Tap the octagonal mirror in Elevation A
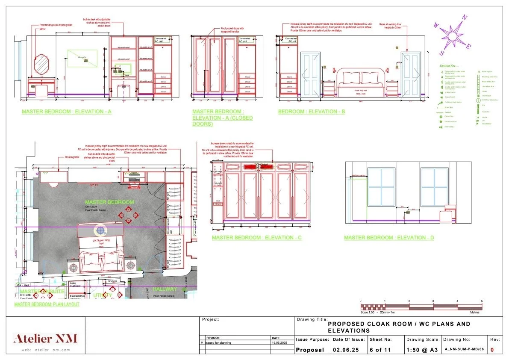[41, 64]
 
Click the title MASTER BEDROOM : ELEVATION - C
[257, 238]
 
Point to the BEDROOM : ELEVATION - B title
[312, 112]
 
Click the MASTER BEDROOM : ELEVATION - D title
[389, 238]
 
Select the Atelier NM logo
[45, 339]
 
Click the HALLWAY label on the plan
[165, 289]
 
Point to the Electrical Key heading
[447, 66]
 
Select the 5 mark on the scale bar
[482, 301]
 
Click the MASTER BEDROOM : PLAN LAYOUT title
[47, 304]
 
